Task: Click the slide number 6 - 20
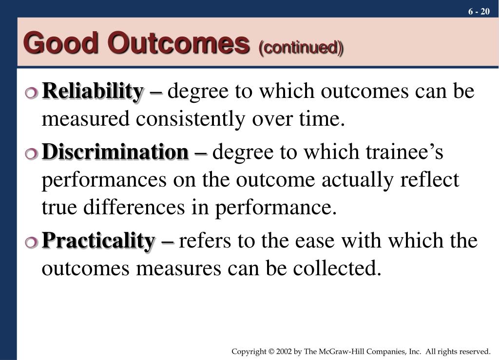[x=479, y=12]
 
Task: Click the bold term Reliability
[x=93, y=92]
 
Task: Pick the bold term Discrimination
[x=115, y=152]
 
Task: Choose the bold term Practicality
[x=98, y=241]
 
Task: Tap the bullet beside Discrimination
[x=32, y=153]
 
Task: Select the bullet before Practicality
[x=32, y=242]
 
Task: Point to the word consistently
[x=191, y=119]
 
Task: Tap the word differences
[x=134, y=208]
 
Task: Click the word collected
[x=337, y=268]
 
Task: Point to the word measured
[x=86, y=119]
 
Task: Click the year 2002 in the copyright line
[x=284, y=351]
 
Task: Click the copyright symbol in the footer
[x=271, y=351]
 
